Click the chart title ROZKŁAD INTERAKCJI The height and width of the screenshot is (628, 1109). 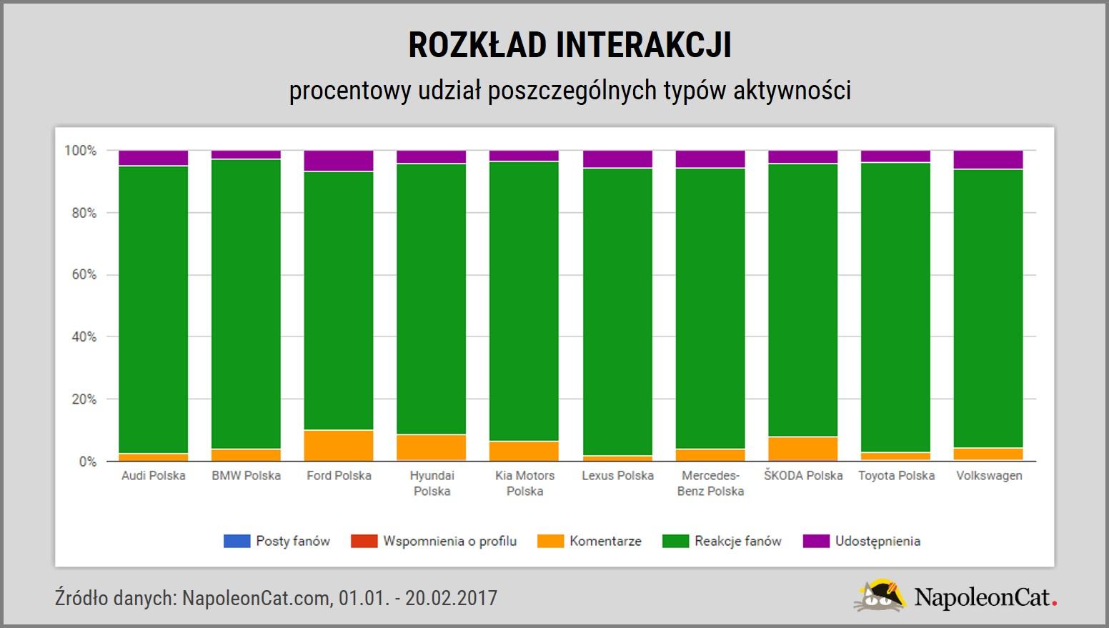(x=570, y=45)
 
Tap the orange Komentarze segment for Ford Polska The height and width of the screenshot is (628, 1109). (x=339, y=445)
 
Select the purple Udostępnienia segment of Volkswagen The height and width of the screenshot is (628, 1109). (x=988, y=159)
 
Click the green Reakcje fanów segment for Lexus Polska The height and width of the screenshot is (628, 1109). (x=617, y=311)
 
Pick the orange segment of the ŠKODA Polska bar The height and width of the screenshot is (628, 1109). (x=803, y=449)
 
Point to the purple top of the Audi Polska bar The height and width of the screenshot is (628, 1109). (x=153, y=158)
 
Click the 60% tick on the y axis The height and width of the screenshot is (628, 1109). (x=84, y=275)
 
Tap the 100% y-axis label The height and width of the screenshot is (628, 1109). (x=80, y=151)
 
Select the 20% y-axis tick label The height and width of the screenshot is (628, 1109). (x=84, y=399)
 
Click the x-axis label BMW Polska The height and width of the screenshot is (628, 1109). (x=246, y=476)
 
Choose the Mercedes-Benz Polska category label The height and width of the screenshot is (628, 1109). (x=710, y=484)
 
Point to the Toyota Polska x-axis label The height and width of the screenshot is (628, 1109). (x=896, y=476)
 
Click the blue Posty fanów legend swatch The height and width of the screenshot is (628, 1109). (x=237, y=542)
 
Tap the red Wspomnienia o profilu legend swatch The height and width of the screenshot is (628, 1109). (x=364, y=542)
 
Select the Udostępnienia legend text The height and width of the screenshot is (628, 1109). (x=877, y=542)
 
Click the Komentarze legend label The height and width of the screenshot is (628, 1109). (x=605, y=542)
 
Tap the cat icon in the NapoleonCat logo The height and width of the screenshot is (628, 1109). (x=880, y=597)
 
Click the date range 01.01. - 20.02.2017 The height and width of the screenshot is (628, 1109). (x=418, y=598)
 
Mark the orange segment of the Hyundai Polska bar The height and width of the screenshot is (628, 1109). (x=432, y=447)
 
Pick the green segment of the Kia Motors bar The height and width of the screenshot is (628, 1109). (x=524, y=300)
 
